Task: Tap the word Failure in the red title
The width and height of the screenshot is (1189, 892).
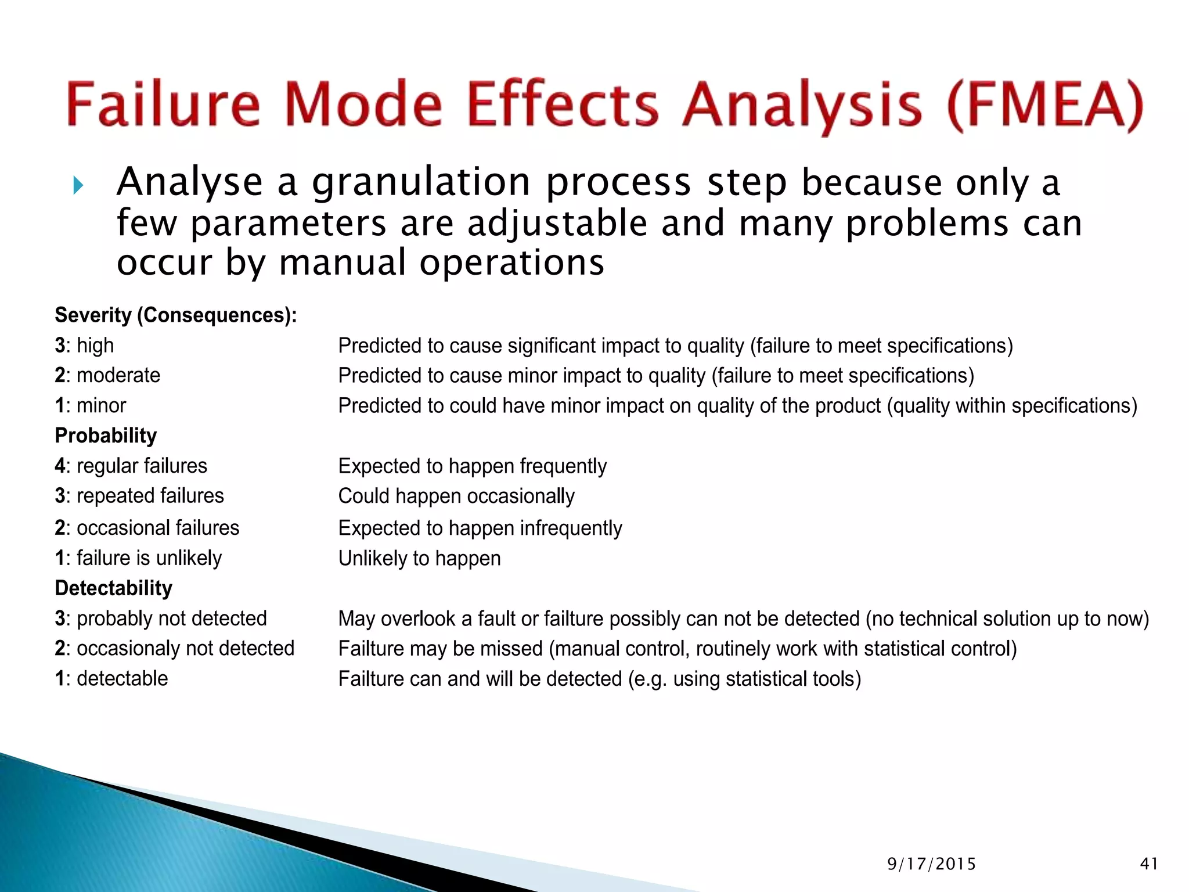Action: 163,105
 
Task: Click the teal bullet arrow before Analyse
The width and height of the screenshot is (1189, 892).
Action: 79,186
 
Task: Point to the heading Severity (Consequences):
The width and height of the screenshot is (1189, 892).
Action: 175,315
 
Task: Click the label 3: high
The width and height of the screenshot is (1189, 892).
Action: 84,346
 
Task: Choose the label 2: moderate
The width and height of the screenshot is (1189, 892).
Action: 107,376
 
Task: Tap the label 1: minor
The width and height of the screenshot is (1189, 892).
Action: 91,406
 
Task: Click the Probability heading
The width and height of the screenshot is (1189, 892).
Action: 106,436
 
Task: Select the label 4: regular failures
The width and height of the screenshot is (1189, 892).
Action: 131,466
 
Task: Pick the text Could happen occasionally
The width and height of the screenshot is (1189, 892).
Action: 456,497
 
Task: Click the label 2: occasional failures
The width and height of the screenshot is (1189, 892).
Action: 147,528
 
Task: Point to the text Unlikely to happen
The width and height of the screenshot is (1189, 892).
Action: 419,559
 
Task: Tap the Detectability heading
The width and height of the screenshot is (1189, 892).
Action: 113,588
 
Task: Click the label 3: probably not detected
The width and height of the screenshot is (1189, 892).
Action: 161,618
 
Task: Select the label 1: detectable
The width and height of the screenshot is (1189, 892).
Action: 111,679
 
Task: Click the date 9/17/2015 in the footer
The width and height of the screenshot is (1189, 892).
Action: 931,864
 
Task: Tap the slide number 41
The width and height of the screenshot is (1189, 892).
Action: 1149,864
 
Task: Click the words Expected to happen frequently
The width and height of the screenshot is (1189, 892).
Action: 472,466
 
